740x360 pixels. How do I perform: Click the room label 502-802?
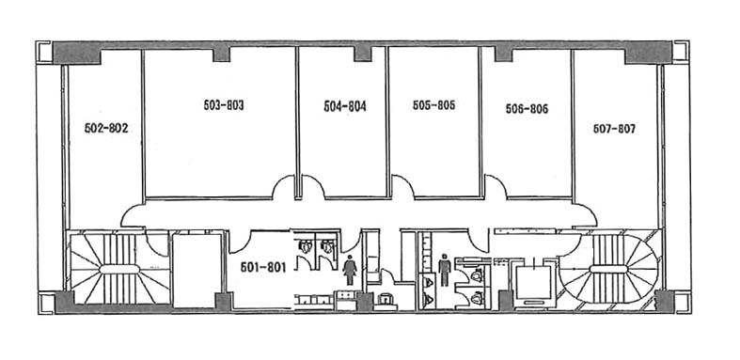[x=106, y=129]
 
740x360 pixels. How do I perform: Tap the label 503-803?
[x=224, y=105]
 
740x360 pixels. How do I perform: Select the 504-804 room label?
[x=345, y=106]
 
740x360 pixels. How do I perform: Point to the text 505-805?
[x=433, y=105]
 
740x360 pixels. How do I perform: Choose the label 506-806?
[x=527, y=109]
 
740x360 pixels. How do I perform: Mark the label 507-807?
[x=614, y=129]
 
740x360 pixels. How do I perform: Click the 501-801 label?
[x=264, y=268]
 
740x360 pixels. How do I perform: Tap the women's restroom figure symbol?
[x=350, y=270]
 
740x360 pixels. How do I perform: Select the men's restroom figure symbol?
[x=445, y=270]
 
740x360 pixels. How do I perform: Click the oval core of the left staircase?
[x=119, y=269]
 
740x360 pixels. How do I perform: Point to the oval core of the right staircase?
[x=608, y=269]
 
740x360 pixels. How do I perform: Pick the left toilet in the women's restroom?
[x=305, y=246]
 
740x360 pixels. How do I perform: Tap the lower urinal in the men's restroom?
[x=430, y=298]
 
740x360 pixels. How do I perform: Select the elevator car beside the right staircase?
[x=534, y=283]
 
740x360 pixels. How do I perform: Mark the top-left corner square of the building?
[x=44, y=52]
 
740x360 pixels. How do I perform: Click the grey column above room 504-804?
[x=363, y=54]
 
